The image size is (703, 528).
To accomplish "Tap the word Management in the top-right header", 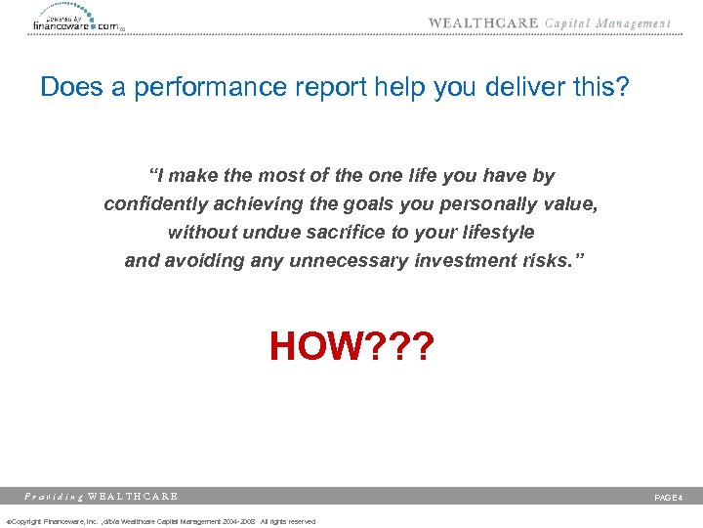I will [635, 23].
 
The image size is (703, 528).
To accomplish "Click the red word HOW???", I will [351, 346].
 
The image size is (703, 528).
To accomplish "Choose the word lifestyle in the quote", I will [497, 233].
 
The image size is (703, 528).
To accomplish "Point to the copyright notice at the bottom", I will [161, 521].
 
